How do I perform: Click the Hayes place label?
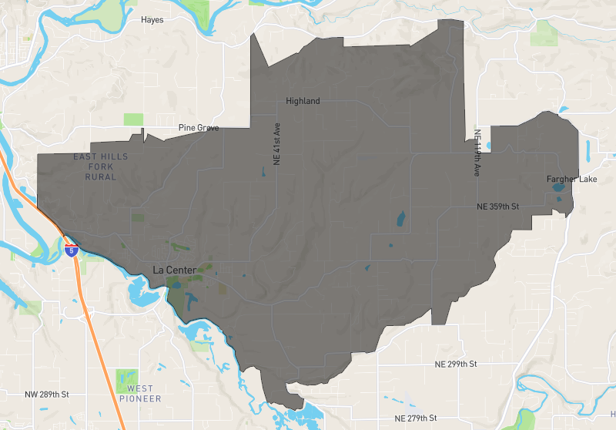(x=152, y=20)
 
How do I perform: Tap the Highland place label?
(x=303, y=101)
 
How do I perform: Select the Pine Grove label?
(x=198, y=128)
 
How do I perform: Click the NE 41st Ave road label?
(x=276, y=143)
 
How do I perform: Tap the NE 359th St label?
(x=498, y=207)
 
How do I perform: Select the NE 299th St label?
(x=456, y=364)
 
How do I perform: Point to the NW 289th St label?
(x=47, y=395)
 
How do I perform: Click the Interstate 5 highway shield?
(x=72, y=250)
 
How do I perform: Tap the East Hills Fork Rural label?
(x=100, y=166)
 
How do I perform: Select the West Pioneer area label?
(x=140, y=393)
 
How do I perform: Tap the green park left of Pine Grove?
(x=133, y=119)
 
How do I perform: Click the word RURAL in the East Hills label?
(x=101, y=177)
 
